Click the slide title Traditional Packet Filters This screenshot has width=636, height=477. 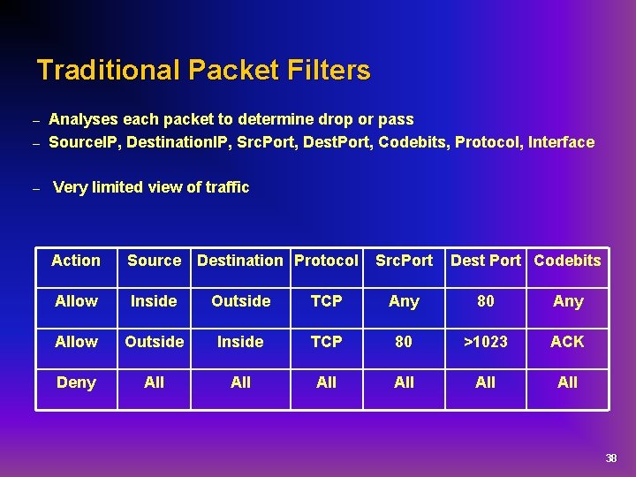203,70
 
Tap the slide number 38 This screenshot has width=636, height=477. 610,458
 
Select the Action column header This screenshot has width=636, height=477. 76,261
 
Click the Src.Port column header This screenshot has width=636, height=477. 404,261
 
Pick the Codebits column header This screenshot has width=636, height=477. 567,261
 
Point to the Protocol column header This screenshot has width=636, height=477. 326,261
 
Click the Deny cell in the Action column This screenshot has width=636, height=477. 76,382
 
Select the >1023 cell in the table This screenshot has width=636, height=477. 485,342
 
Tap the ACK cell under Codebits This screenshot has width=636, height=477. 567,342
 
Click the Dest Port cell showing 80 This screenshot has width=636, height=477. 485,301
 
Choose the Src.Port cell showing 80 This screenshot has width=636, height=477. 404,342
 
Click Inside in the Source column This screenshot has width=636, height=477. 154,301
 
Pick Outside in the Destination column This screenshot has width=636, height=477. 240,301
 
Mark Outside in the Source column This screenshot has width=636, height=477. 154,342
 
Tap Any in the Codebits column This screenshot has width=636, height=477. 567,301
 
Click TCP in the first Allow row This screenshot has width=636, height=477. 326,301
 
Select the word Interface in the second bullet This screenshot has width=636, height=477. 561,142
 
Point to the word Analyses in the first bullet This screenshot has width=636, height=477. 81,119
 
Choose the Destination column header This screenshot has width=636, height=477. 240,261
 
